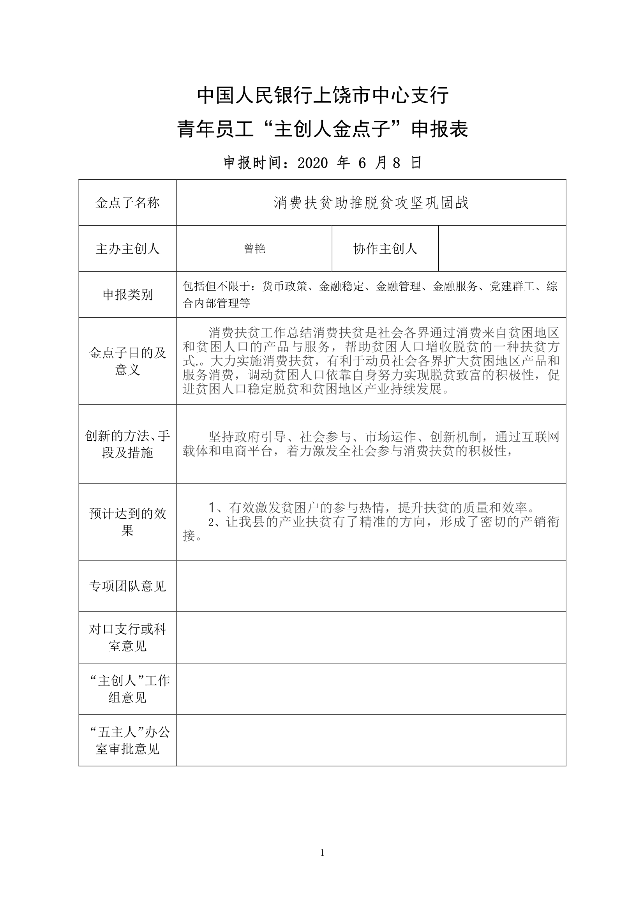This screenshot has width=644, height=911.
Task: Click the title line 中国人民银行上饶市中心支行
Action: (x=323, y=95)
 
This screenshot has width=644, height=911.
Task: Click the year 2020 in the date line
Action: (x=313, y=163)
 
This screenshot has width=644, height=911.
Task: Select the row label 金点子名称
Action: (x=127, y=203)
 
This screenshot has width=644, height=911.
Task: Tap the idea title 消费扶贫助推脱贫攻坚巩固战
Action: (x=371, y=203)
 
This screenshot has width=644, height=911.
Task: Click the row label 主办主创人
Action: (x=127, y=249)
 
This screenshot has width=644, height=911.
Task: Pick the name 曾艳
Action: (x=254, y=249)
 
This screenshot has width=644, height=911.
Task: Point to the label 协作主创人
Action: (x=385, y=249)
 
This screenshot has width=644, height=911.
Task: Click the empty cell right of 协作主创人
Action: (x=502, y=249)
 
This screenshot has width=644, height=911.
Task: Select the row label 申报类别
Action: (x=127, y=295)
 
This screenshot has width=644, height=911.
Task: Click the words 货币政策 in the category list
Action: (x=284, y=286)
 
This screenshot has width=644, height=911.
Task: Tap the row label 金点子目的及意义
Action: (x=127, y=361)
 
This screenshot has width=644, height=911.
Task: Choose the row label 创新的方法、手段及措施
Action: (x=127, y=444)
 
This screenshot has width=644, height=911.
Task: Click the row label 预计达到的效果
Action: (x=127, y=522)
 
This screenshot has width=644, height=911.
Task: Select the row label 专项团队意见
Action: (x=127, y=586)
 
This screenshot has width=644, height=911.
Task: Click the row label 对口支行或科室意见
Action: (x=127, y=637)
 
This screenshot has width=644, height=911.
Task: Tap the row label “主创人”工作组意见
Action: (x=127, y=689)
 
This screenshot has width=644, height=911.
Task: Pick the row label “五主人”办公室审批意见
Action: (x=127, y=740)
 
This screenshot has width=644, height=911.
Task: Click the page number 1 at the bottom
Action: (x=322, y=853)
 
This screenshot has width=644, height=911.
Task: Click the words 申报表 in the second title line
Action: (x=439, y=130)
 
